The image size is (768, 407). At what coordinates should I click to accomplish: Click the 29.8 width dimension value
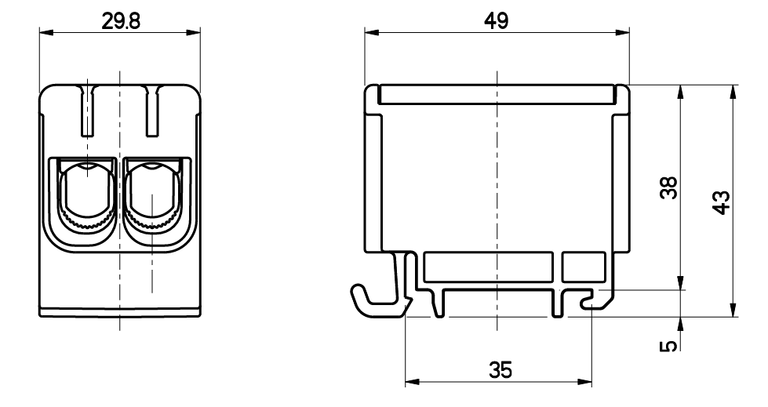pos(121,21)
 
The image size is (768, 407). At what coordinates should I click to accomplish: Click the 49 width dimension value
pos(496,20)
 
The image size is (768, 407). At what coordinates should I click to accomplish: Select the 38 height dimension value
pos(668,187)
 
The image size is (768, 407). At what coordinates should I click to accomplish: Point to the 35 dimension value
pos(500,370)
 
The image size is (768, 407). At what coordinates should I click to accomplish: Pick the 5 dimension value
pos(668,346)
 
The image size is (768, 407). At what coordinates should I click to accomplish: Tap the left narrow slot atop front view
pos(87,111)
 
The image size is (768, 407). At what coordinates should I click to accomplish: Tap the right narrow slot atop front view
pos(152,111)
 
